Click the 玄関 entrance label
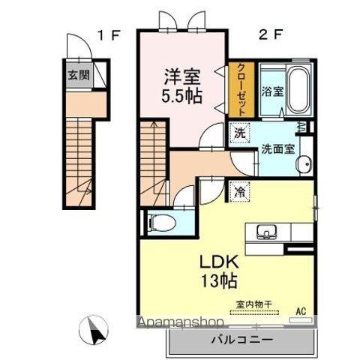(x=76, y=75)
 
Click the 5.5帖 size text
(x=181, y=95)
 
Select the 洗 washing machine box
(x=238, y=132)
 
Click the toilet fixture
(x=160, y=222)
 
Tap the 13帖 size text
(x=220, y=282)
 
